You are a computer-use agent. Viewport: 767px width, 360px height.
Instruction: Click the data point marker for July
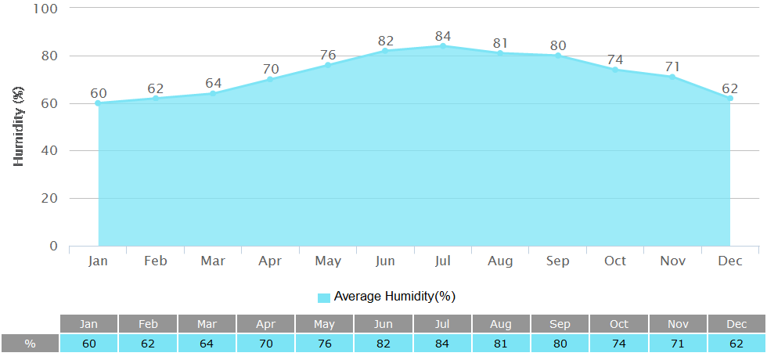(x=443, y=46)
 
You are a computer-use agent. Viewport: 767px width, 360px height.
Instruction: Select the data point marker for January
(x=98, y=103)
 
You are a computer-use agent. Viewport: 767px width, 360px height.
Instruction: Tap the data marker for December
(x=730, y=99)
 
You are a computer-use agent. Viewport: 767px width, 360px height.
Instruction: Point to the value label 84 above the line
(x=443, y=36)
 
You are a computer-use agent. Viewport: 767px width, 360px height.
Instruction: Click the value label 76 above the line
(x=328, y=55)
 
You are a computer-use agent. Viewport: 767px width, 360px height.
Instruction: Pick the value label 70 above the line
(x=270, y=69)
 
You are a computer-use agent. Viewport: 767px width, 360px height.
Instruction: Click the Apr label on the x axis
(x=270, y=261)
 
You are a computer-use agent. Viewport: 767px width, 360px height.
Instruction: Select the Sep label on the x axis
(x=558, y=261)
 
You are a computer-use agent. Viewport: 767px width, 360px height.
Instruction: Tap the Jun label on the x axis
(x=385, y=261)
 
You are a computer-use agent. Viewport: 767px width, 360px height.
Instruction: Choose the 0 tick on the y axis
(x=53, y=246)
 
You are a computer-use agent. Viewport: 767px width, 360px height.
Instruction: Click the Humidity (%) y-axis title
(x=20, y=126)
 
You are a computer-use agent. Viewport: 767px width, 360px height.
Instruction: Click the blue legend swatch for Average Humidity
(x=324, y=297)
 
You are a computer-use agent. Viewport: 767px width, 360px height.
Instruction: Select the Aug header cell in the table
(x=501, y=324)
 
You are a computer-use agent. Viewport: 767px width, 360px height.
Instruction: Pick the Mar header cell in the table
(x=207, y=324)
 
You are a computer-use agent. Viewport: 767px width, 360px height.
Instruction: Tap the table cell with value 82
(x=383, y=344)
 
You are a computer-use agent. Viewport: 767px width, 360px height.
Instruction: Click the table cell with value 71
(x=678, y=344)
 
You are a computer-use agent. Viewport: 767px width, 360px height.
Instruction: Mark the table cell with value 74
(x=619, y=344)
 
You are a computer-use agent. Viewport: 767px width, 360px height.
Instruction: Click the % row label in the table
(x=30, y=344)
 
